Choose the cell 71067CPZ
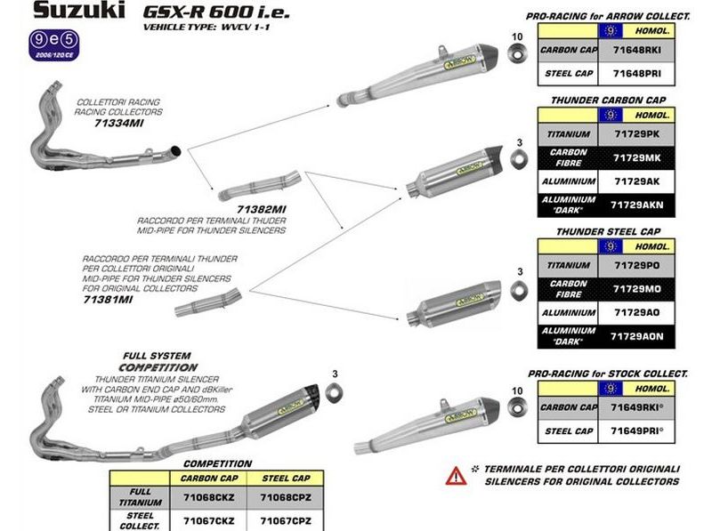pyautogui.click(x=284, y=519)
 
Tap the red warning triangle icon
pyautogui.click(x=456, y=474)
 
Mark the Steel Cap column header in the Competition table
pyautogui.click(x=284, y=478)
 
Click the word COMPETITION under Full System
pyautogui.click(x=158, y=366)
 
